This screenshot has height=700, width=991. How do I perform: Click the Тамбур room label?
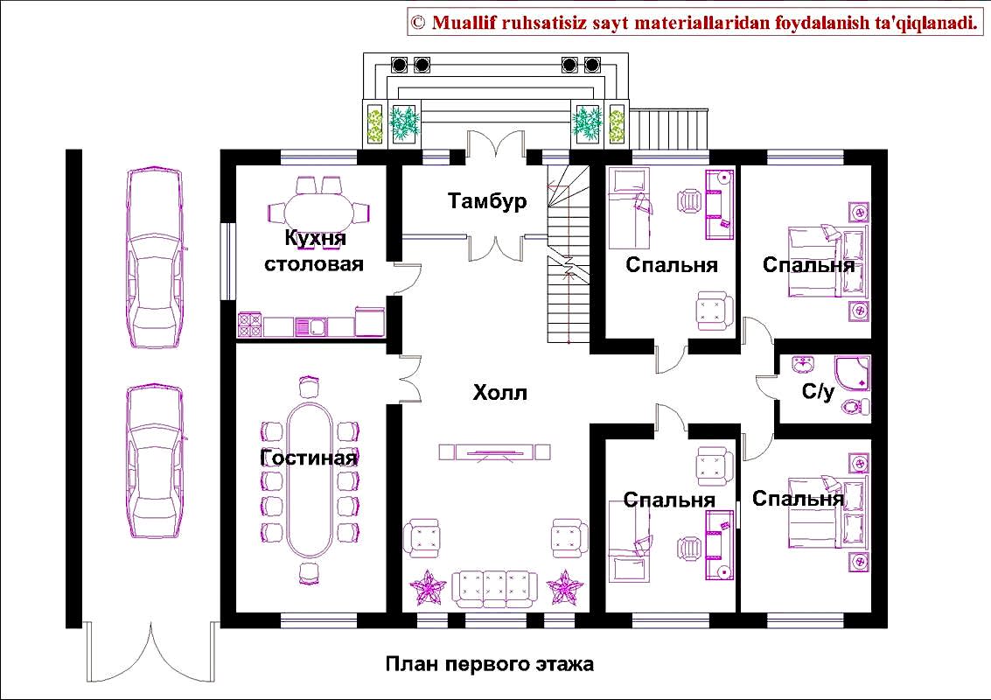[x=487, y=200]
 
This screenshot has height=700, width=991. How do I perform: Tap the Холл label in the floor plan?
[x=499, y=393]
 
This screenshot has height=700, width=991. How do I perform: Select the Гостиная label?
[x=309, y=458]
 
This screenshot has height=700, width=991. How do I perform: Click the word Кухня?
[x=316, y=238]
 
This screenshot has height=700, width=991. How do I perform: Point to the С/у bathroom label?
[x=818, y=391]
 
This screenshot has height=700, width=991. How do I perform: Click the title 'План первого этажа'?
[x=490, y=665]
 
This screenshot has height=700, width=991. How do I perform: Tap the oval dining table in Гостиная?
[x=310, y=480]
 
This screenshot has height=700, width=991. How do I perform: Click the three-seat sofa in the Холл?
[x=494, y=590]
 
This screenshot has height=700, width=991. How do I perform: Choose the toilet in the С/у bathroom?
[x=855, y=406]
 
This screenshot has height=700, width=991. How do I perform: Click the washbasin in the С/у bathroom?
[x=804, y=366]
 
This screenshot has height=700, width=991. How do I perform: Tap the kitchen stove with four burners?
[x=249, y=325]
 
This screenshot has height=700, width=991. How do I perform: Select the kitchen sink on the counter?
[x=311, y=326]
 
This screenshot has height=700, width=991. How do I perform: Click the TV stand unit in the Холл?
[x=495, y=452]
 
